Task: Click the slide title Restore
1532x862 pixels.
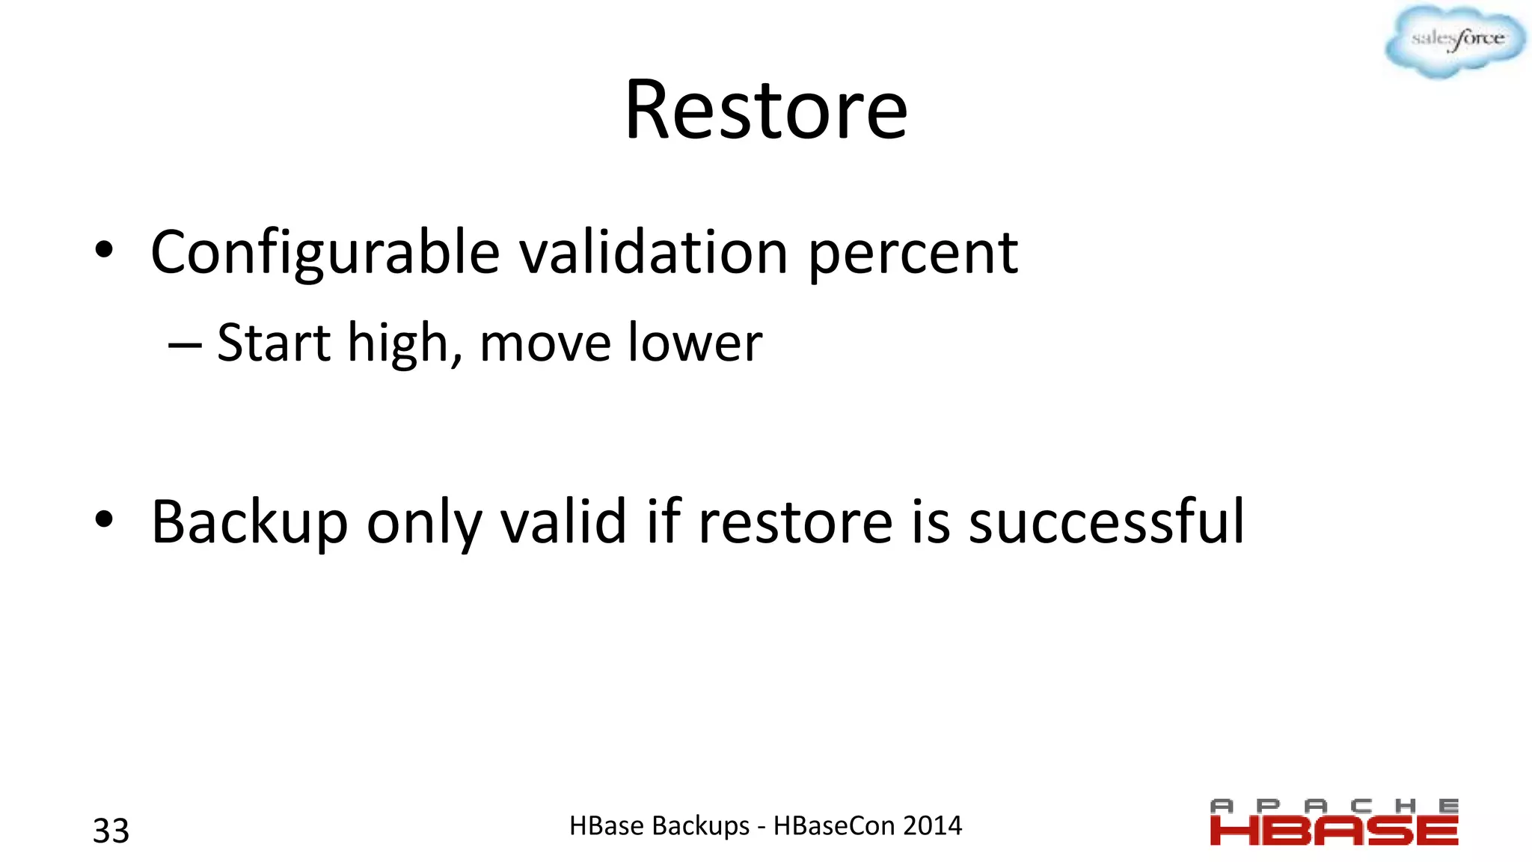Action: (x=766, y=111)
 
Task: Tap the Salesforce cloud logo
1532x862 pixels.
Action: (x=1455, y=40)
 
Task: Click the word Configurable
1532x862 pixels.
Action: (x=325, y=253)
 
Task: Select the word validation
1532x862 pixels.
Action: (x=653, y=253)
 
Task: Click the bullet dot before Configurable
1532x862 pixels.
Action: (x=104, y=250)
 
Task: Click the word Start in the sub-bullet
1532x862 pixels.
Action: (x=274, y=343)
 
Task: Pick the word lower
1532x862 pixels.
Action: (x=695, y=343)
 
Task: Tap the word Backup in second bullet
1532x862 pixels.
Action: (x=250, y=522)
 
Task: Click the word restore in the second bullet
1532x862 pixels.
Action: (x=795, y=522)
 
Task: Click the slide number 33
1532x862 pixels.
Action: (x=111, y=831)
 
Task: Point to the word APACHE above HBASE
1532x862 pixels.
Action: (x=1334, y=806)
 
